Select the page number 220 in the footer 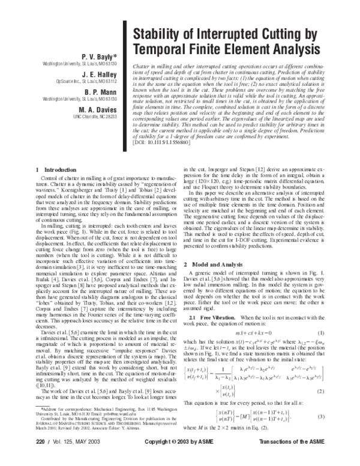[41, 458]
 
